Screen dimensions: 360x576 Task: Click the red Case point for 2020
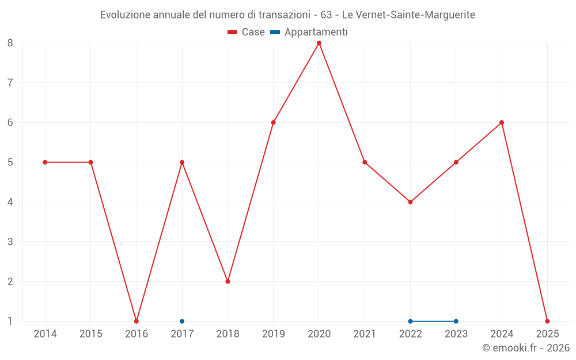click(x=319, y=43)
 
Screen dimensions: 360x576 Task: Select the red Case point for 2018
click(x=228, y=282)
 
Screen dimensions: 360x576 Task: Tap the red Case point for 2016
click(x=137, y=321)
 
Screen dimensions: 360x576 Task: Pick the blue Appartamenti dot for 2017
click(x=182, y=321)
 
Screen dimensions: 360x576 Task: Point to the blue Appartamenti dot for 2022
click(x=410, y=321)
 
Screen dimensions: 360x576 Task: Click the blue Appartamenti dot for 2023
click(x=456, y=321)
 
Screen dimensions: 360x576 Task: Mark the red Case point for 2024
click(x=502, y=123)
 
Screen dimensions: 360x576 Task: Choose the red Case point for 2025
click(x=547, y=321)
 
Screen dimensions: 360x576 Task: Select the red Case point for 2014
click(x=45, y=162)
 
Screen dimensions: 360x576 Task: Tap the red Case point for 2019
click(x=274, y=123)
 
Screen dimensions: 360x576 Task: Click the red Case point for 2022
click(x=410, y=202)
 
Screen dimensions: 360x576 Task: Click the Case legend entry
click(x=246, y=32)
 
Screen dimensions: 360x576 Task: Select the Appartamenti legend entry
click(x=309, y=32)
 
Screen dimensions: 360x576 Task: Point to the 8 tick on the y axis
click(x=10, y=43)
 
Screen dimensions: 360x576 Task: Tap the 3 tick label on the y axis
click(x=10, y=242)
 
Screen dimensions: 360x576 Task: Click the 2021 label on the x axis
click(x=365, y=334)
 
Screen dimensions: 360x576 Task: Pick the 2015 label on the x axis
click(x=90, y=334)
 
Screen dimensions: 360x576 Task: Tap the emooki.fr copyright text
click(x=526, y=348)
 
